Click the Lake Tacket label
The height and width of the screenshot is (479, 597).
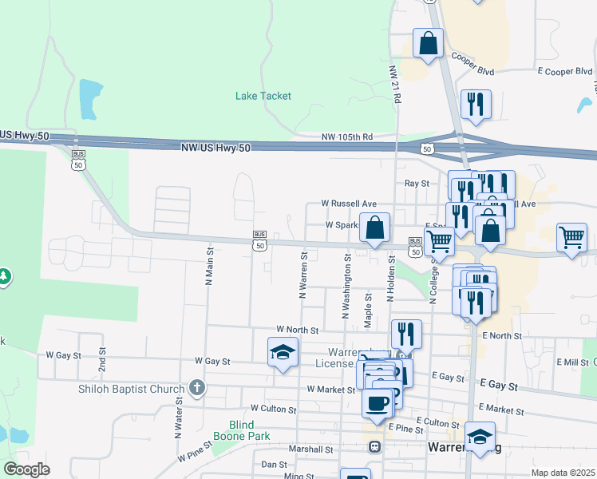pos(263,96)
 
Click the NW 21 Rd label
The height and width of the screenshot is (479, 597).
pos(394,84)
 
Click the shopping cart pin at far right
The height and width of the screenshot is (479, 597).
pos(571,237)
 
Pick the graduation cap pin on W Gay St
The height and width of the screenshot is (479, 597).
pos(283,352)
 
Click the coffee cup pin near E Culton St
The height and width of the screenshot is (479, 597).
pos(377,402)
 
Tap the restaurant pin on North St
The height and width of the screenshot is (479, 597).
pos(406,334)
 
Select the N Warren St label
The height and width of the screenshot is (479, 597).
pos(303,275)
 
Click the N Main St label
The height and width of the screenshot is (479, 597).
pos(209,266)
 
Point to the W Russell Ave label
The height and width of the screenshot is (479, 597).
pos(348,204)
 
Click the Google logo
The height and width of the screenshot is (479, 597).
pos(27,469)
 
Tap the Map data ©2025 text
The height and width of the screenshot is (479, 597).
pos(563,473)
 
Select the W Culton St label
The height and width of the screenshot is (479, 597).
pos(273,409)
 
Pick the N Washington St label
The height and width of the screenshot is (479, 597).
pos(347,286)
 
